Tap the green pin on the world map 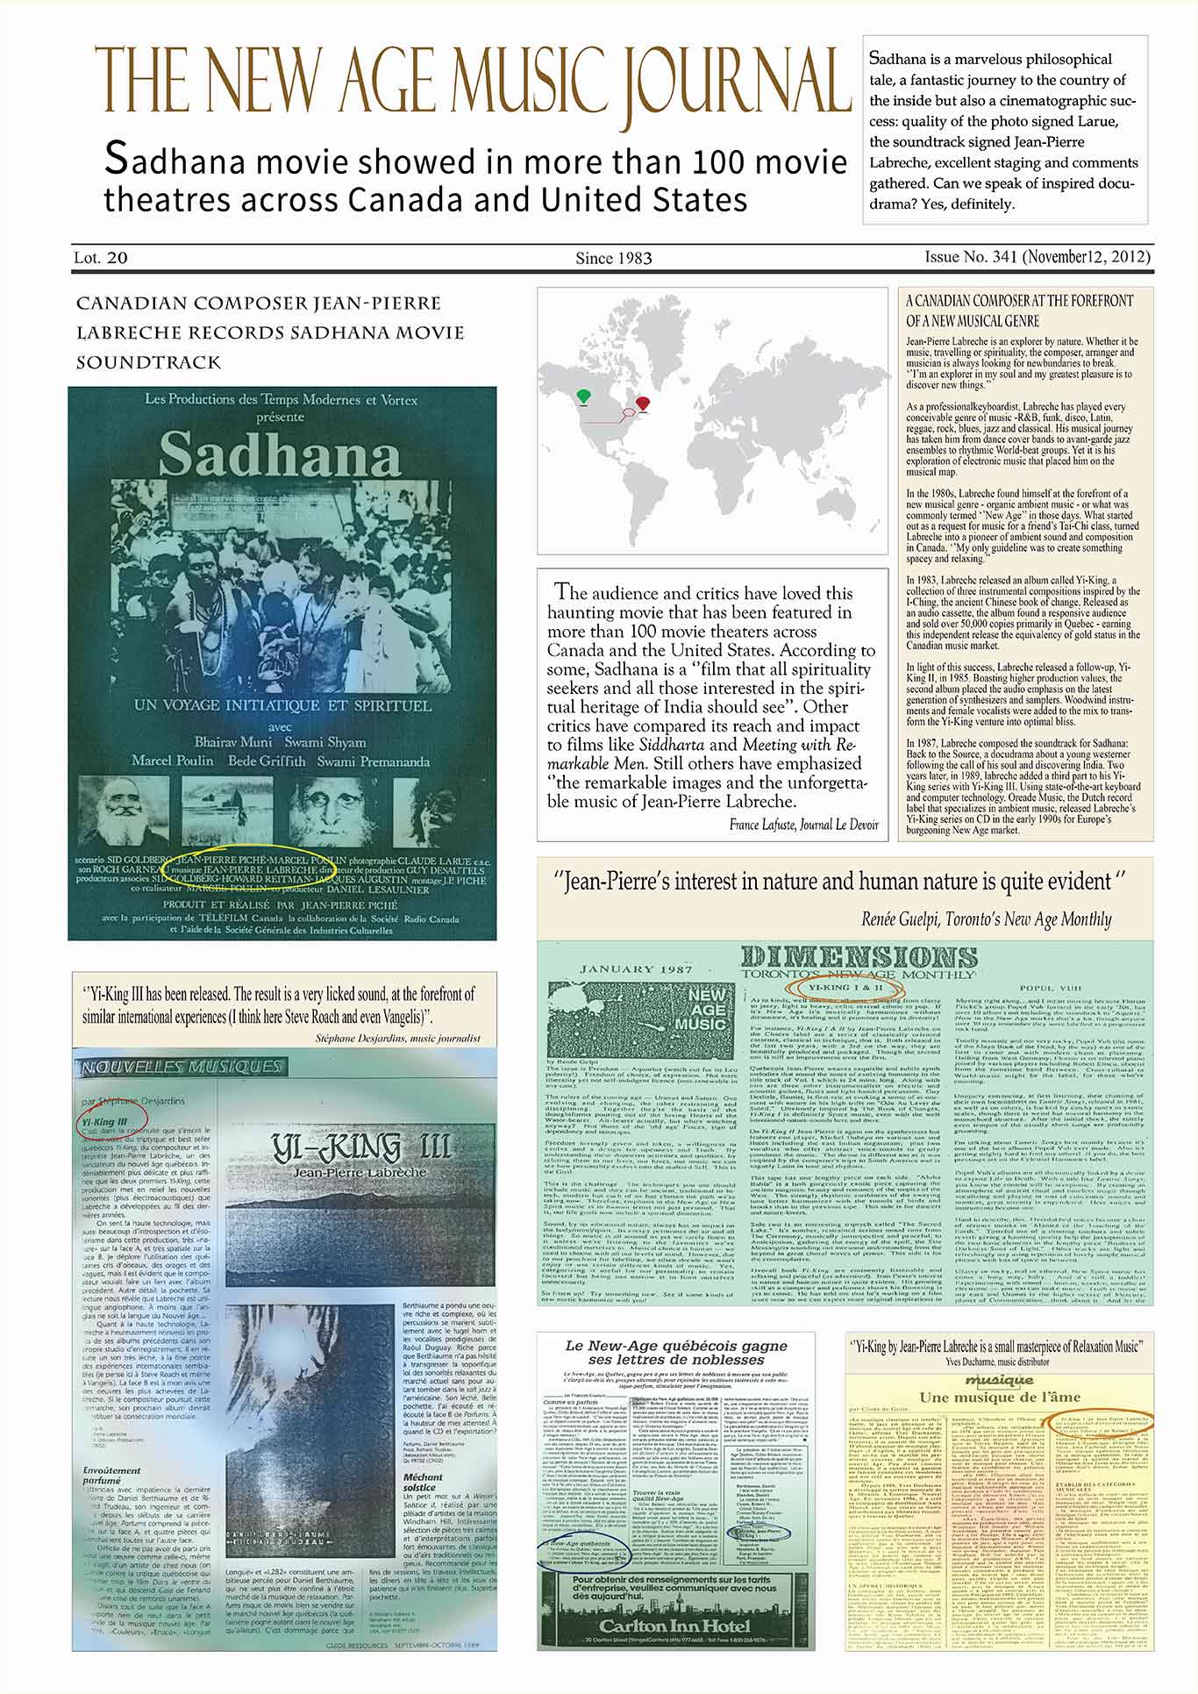pos(583,397)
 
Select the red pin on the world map pos(644,402)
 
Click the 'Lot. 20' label pos(101,258)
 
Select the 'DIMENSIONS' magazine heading pos(846,957)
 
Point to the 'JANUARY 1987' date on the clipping pos(631,969)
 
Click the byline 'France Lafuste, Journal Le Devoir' pos(802,825)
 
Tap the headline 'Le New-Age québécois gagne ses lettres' pos(675,1352)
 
